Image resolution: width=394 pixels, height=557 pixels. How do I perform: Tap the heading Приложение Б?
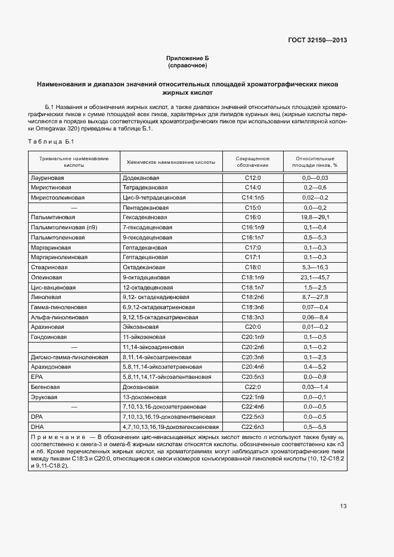pyautogui.click(x=188, y=58)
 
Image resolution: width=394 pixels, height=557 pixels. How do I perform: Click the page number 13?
pyautogui.click(x=343, y=506)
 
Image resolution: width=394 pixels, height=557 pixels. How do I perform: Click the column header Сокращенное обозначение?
pyautogui.click(x=253, y=162)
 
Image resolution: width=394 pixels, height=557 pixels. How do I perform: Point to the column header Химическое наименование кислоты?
pyautogui.click(x=170, y=162)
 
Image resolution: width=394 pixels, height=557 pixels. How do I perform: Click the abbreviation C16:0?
pyautogui.click(x=253, y=217)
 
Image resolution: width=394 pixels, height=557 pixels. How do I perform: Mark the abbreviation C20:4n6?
pyautogui.click(x=253, y=367)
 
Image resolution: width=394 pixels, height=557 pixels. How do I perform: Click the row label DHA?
pyautogui.click(x=36, y=427)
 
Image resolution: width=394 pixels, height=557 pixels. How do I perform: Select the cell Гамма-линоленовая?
pyautogui.click(x=58, y=307)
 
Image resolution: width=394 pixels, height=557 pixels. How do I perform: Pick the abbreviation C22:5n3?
pyautogui.click(x=253, y=417)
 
